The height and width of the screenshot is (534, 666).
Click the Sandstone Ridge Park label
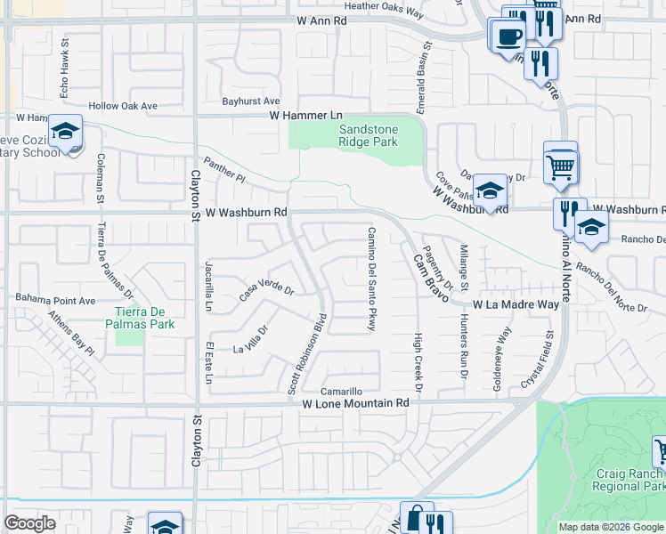(x=369, y=135)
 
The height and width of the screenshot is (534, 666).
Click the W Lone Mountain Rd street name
(x=354, y=403)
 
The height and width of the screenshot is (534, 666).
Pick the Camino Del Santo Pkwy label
(x=371, y=279)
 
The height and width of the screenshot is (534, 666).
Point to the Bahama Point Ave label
(x=53, y=301)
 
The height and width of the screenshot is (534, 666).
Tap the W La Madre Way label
(x=516, y=304)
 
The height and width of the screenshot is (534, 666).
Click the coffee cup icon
(x=508, y=36)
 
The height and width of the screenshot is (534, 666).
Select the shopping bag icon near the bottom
(x=415, y=518)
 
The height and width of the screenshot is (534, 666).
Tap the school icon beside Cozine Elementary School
(x=65, y=132)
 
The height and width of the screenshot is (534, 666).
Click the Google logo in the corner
(x=29, y=523)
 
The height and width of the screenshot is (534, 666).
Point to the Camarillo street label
(x=342, y=392)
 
